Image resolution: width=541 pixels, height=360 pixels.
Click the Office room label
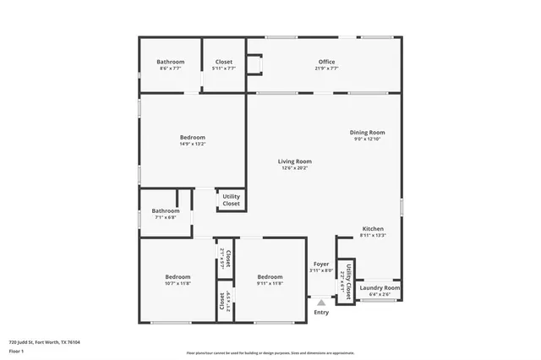[327, 62]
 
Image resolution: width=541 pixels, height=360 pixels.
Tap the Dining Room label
[368, 133]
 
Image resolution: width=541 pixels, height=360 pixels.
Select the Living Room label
[296, 161]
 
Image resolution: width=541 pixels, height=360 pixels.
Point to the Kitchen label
[373, 229]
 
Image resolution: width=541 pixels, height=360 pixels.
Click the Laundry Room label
[380, 288]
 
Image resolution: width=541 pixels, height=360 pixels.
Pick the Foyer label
[320, 264]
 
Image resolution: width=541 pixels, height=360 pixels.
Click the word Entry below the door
[321, 313]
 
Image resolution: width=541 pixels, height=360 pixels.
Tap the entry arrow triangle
[321, 301]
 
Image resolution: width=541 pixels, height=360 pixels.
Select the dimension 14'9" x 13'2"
[192, 144]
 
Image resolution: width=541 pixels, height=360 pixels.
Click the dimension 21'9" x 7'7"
[327, 68]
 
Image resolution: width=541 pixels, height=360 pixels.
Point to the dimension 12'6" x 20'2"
[296, 168]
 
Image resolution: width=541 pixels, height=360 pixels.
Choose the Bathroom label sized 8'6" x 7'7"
[170, 62]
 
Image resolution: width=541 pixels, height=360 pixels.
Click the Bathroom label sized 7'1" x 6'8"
[165, 211]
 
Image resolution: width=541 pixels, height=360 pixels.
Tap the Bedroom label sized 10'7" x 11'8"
[178, 277]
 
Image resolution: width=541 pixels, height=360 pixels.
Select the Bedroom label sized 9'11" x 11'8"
[270, 277]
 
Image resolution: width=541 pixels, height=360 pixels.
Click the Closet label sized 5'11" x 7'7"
[224, 62]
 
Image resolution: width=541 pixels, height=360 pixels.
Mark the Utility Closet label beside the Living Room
[231, 200]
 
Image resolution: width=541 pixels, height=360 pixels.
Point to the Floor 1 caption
[16, 352]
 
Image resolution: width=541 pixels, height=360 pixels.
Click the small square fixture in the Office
[253, 65]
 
